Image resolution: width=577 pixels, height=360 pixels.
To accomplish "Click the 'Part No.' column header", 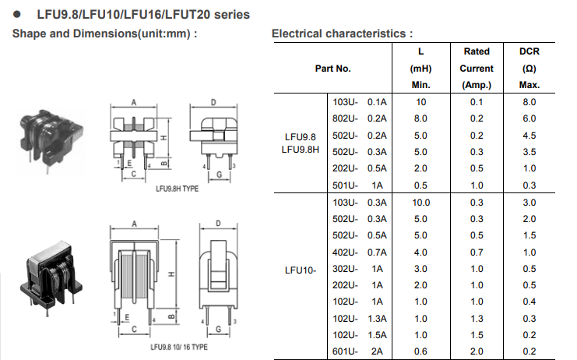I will point(332,68).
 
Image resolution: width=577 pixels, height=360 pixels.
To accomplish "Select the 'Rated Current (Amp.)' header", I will point(477,68).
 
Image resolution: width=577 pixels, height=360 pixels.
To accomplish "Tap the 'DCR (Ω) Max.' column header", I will point(529,68).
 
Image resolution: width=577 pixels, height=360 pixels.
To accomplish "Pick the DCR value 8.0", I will point(529,102).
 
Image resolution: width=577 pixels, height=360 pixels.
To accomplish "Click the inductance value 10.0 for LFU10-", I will point(421,202).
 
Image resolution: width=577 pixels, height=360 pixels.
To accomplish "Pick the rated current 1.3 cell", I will point(477,318).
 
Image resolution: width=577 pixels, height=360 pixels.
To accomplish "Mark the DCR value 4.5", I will point(529,135).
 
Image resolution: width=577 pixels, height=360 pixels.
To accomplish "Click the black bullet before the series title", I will point(17,15).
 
